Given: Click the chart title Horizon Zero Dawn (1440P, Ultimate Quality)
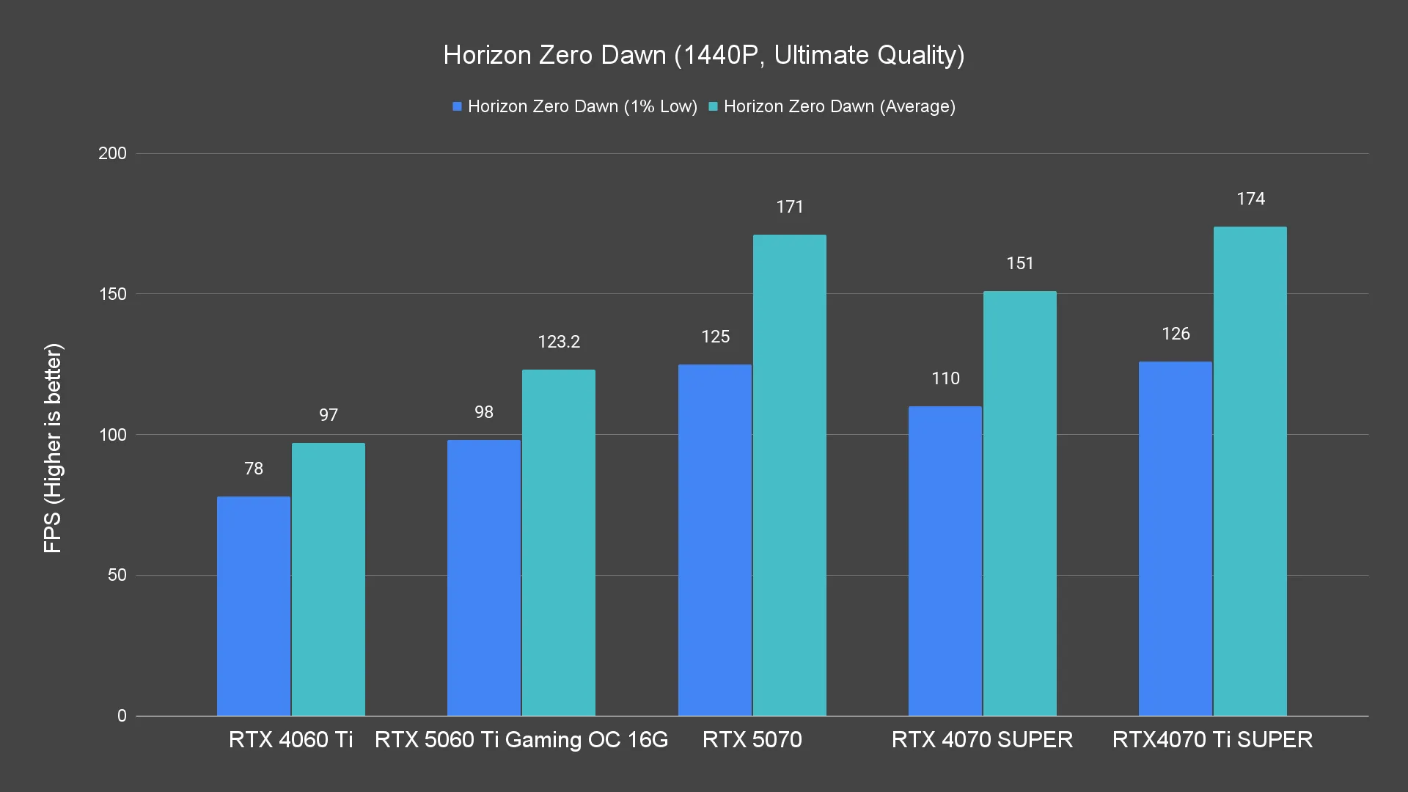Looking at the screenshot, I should click(703, 55).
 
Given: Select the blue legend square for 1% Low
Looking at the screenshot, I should click(457, 107).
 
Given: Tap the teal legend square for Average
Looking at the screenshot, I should click(713, 107).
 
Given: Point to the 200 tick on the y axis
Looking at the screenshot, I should click(112, 153).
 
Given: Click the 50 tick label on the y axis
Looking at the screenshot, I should click(117, 575).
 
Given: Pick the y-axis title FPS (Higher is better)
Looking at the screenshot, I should click(53, 447).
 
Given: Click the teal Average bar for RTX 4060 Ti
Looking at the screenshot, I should click(328, 579).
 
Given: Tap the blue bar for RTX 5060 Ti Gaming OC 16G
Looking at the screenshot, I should click(483, 578).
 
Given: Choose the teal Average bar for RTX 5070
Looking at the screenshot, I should click(789, 475).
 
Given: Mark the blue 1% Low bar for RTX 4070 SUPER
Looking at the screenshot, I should click(945, 561).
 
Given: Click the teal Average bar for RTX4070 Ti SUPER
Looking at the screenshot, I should click(1250, 471).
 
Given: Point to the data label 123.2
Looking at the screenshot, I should click(559, 342).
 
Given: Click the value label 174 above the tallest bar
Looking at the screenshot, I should click(1250, 199).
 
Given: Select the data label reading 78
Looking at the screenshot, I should click(254, 469).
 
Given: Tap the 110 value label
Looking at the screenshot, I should click(945, 378).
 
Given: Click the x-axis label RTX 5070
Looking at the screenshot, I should click(752, 739).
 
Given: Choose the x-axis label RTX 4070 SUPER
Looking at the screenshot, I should click(982, 739).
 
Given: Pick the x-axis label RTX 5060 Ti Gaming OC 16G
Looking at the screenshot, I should click(521, 739).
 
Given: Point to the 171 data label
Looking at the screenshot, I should click(790, 207).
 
